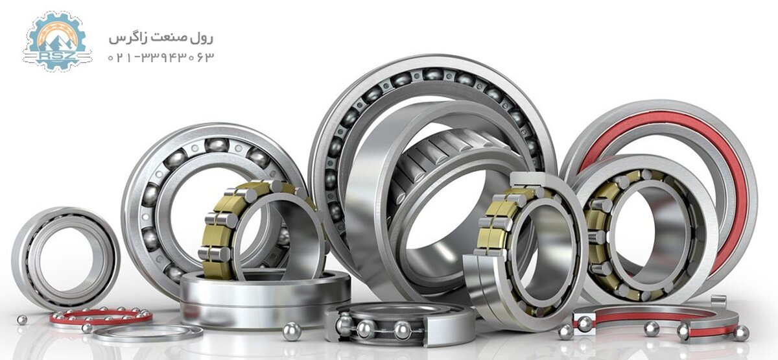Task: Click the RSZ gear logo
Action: (x=56, y=42)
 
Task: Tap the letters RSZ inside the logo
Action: (x=56, y=56)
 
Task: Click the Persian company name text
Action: (x=161, y=38)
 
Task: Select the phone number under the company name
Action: (x=161, y=57)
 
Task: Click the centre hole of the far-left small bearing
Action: (x=67, y=259)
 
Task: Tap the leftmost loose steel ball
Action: (x=22, y=320)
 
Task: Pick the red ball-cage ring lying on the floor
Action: (x=100, y=317)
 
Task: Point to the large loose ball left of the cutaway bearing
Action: (x=292, y=331)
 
